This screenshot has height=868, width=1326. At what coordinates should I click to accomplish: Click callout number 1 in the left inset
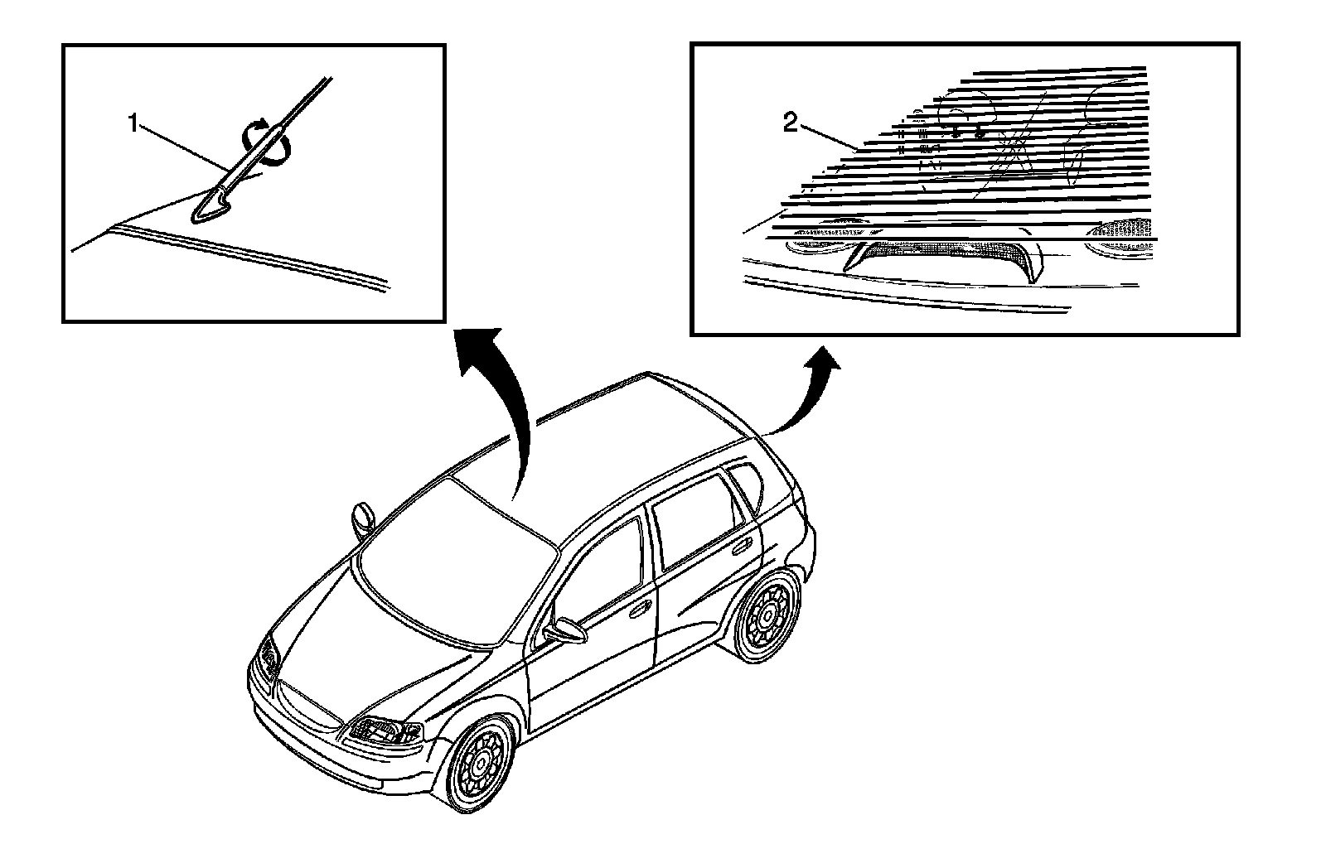point(132,124)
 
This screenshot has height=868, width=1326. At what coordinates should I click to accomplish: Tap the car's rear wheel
point(768,615)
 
